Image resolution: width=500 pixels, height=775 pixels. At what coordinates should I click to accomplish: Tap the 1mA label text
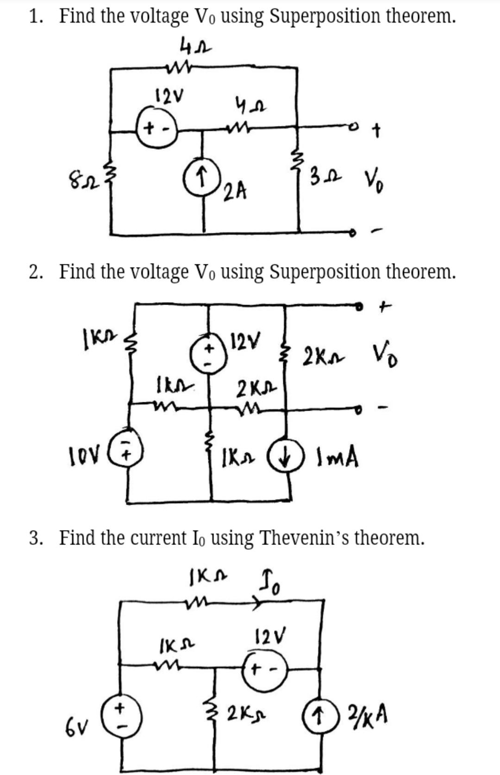point(337,459)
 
